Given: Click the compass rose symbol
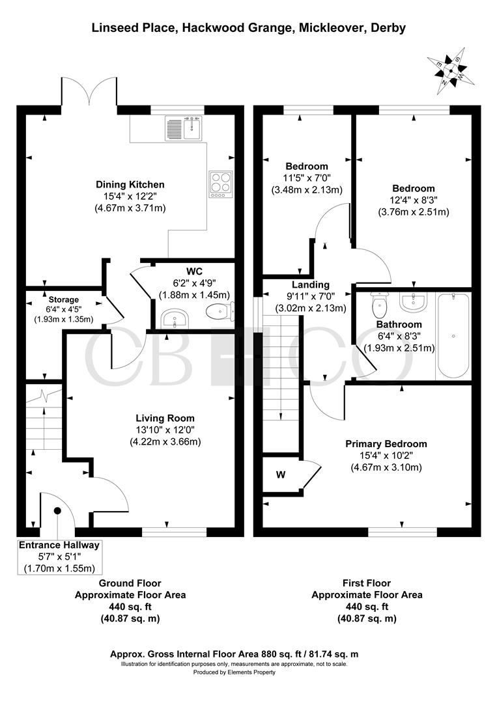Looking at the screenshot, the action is pos(451,70).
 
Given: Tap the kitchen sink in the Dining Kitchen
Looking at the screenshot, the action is pos(184,128).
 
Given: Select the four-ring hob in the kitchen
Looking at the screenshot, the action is pos(221,184).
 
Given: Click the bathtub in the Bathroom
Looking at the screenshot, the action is pos(453,335).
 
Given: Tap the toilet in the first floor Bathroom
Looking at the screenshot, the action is pos(380,304).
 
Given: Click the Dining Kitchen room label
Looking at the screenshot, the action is pos(130,184).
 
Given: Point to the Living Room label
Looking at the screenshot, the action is pos(165,419).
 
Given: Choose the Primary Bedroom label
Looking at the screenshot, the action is pos(386,444).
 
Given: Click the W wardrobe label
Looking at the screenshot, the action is pos(281,475).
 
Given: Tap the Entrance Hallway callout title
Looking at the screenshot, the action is pos(59,545).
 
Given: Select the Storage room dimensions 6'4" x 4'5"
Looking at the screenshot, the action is pos(64,309).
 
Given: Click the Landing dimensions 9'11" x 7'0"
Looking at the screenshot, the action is pos(311,296).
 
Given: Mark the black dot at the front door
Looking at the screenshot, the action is pos(57,511).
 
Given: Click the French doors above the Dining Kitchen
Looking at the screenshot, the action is pos(89,92).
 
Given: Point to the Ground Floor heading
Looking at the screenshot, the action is pos(130,583).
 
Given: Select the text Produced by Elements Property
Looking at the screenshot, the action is pos(234,672).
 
